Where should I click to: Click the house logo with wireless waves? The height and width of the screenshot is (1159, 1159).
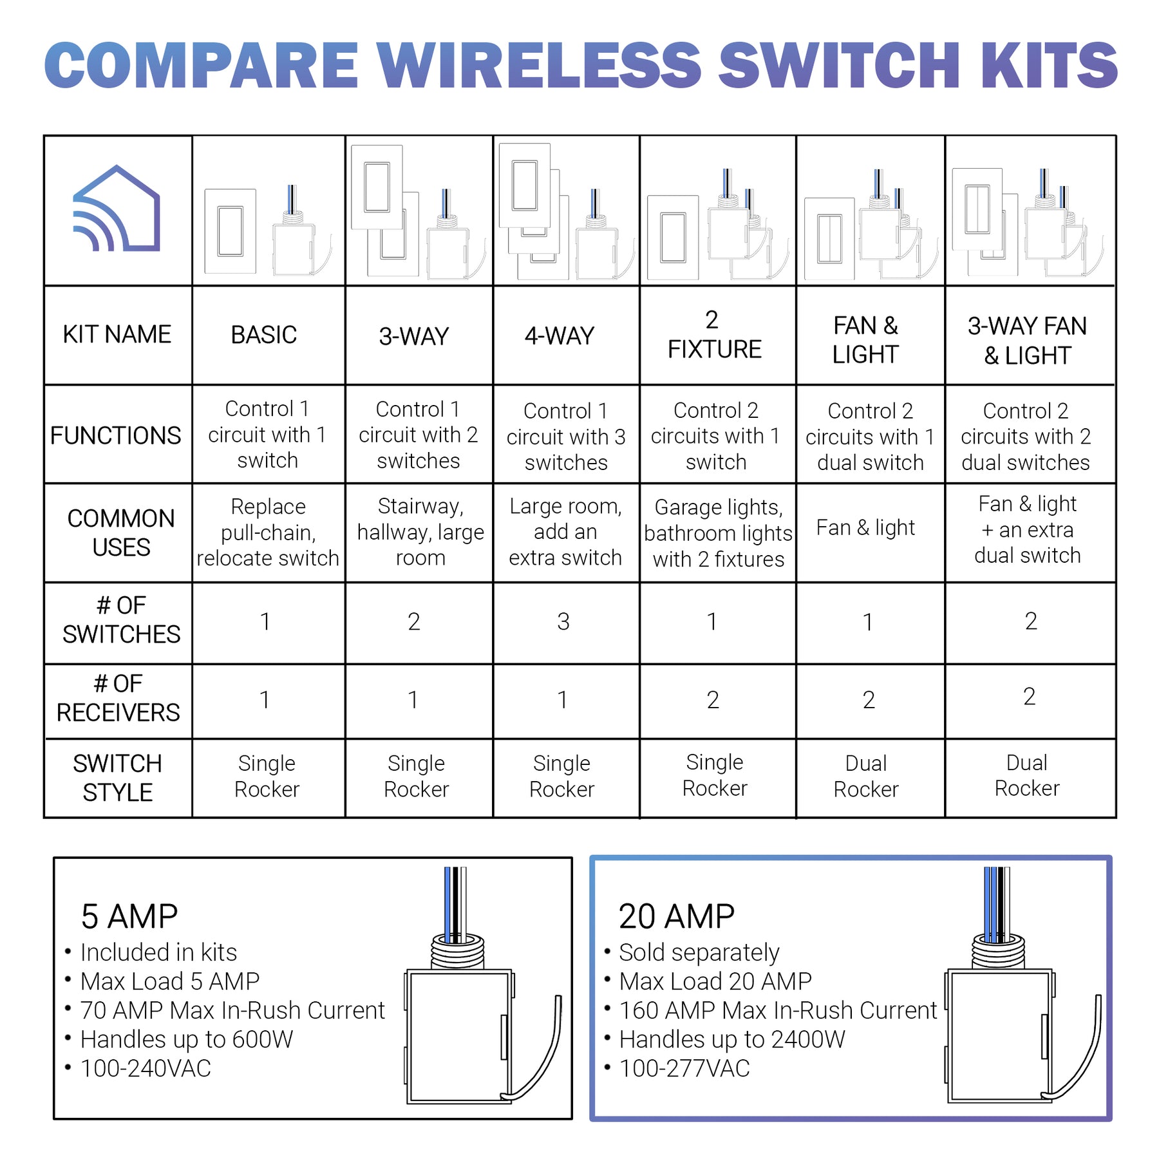(117, 210)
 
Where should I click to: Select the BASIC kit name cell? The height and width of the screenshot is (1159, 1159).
(264, 335)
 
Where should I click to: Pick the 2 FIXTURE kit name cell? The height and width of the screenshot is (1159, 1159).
(713, 335)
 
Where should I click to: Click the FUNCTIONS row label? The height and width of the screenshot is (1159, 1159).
(116, 436)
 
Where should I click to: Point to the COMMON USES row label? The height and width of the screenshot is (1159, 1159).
(120, 532)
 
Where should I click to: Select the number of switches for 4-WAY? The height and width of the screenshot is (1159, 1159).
(563, 622)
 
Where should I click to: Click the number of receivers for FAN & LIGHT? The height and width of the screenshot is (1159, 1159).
(868, 700)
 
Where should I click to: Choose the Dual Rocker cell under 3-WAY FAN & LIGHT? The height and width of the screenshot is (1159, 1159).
(1026, 776)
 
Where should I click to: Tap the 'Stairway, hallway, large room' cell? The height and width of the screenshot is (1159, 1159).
(420, 532)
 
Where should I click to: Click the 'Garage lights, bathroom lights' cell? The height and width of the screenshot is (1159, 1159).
(718, 533)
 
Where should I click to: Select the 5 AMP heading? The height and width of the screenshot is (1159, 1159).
(129, 916)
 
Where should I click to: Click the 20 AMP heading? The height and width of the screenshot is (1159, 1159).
(676, 916)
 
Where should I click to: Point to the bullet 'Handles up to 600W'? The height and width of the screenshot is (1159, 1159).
(186, 1039)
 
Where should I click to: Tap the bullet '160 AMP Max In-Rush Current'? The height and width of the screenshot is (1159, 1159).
(777, 1010)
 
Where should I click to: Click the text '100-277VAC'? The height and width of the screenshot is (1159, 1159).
(684, 1068)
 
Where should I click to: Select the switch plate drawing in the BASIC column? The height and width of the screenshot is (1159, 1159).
(230, 231)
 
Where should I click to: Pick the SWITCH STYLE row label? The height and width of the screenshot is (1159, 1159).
(117, 778)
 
